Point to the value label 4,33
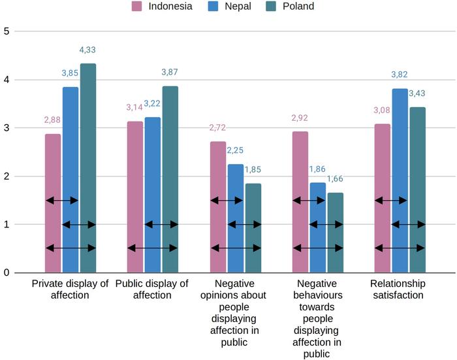pos(87,50)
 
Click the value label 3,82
pos(400,75)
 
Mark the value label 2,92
pos(300,119)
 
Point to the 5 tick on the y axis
pos(7,31)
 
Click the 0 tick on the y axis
pos(7,272)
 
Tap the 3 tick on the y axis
pos(7,127)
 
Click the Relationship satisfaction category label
pos(398,289)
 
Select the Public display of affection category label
pos(152,289)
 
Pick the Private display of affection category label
pos(70,289)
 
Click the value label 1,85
pos(253,170)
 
